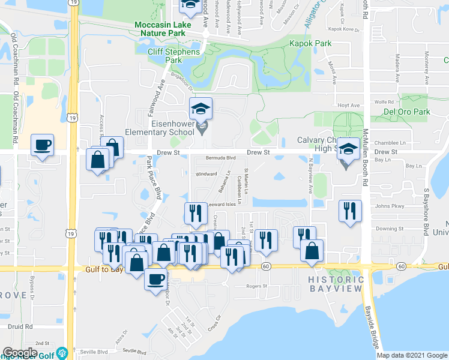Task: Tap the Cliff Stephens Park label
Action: (174, 56)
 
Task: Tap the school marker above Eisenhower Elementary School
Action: (201, 109)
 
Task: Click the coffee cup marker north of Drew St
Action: (42, 145)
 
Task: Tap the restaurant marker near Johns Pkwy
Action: (349, 211)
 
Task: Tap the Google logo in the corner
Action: (20, 353)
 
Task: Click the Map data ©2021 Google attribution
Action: (412, 355)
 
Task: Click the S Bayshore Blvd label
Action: (425, 212)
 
